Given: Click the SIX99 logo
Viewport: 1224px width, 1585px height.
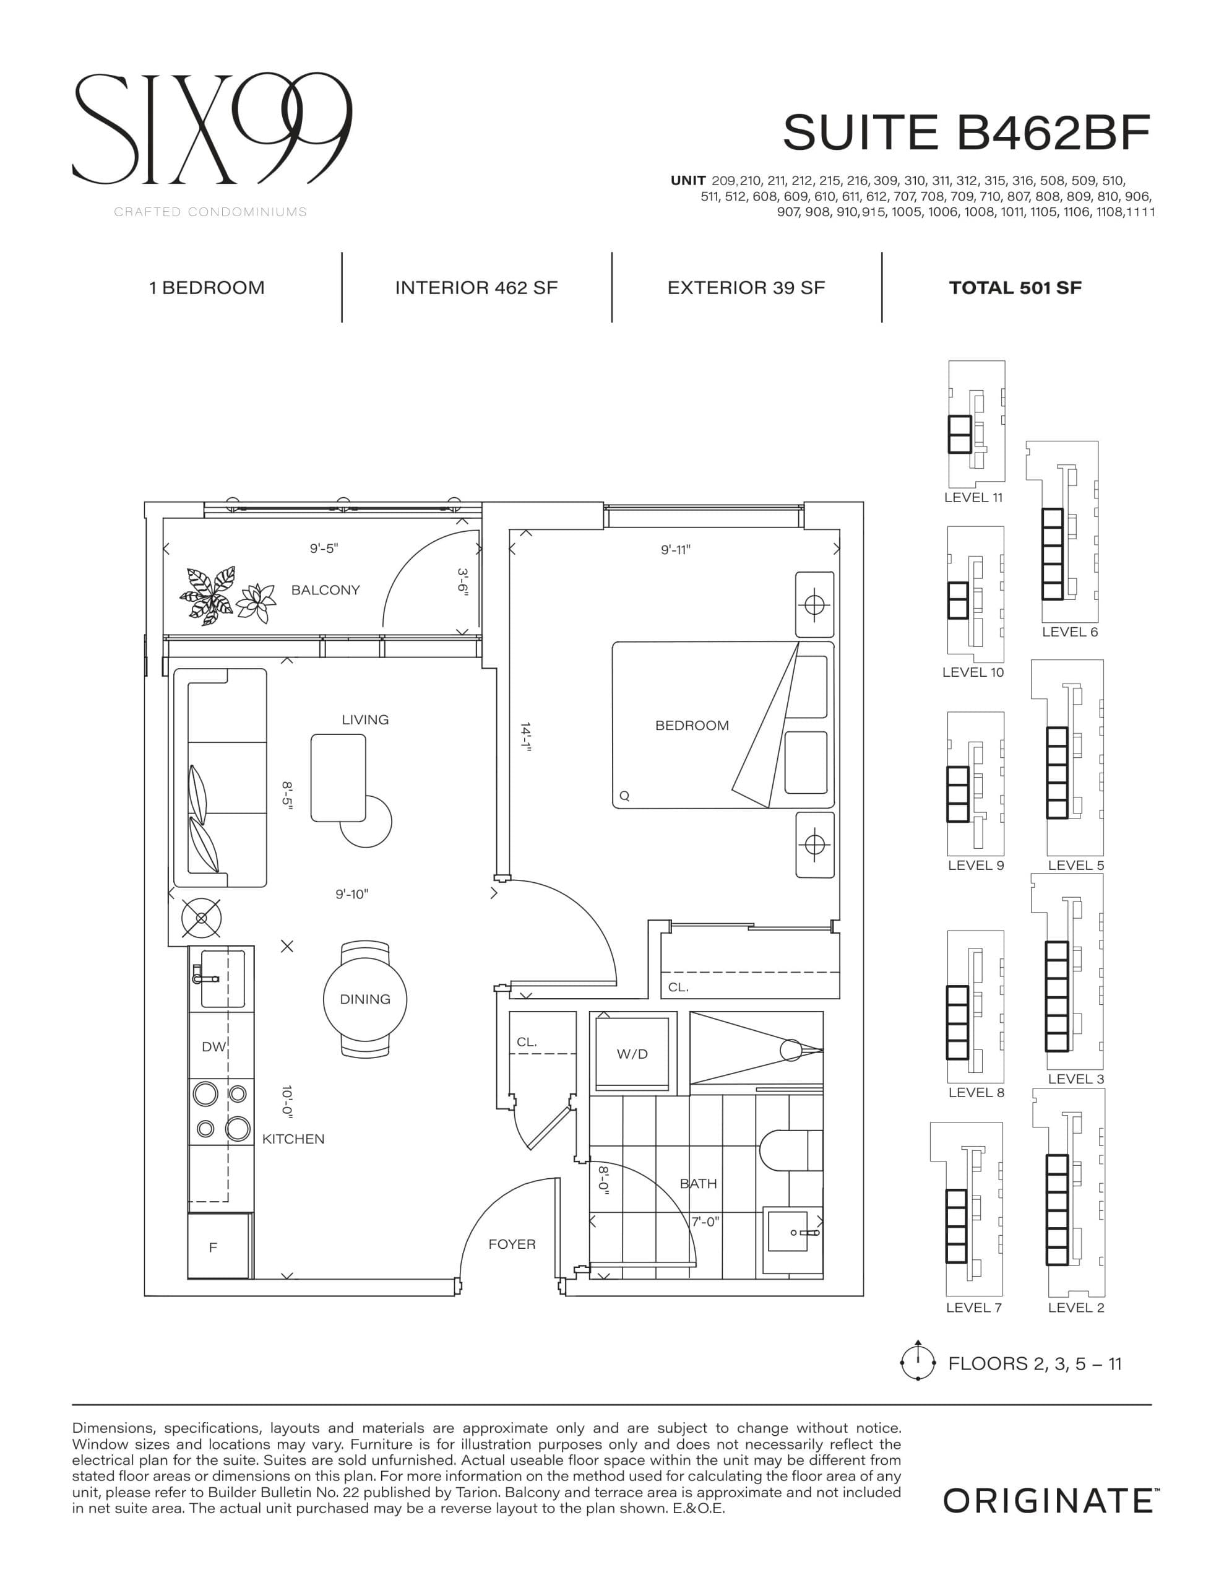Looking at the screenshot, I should click(212, 129).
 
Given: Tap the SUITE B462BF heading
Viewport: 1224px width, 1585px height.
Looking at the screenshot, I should click(966, 133).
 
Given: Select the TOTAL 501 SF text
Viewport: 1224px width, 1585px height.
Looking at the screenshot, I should click(1014, 288).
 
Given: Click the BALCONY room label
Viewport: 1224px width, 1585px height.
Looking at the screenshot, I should click(325, 590).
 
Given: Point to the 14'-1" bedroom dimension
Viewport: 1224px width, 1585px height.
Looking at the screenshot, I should click(526, 738).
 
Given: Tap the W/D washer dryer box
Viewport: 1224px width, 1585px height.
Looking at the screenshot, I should click(632, 1054).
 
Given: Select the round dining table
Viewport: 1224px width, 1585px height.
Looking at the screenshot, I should click(365, 999).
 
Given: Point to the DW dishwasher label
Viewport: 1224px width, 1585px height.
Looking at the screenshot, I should click(213, 1046).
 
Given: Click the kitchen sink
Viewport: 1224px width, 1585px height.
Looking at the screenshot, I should click(222, 978).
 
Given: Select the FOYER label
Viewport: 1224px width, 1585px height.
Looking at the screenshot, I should click(512, 1244).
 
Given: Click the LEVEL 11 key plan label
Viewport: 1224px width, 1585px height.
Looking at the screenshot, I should click(972, 498).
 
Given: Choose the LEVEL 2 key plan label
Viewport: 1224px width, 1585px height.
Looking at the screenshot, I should click(1075, 1308).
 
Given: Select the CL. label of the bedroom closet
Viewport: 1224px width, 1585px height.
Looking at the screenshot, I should click(678, 987).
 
